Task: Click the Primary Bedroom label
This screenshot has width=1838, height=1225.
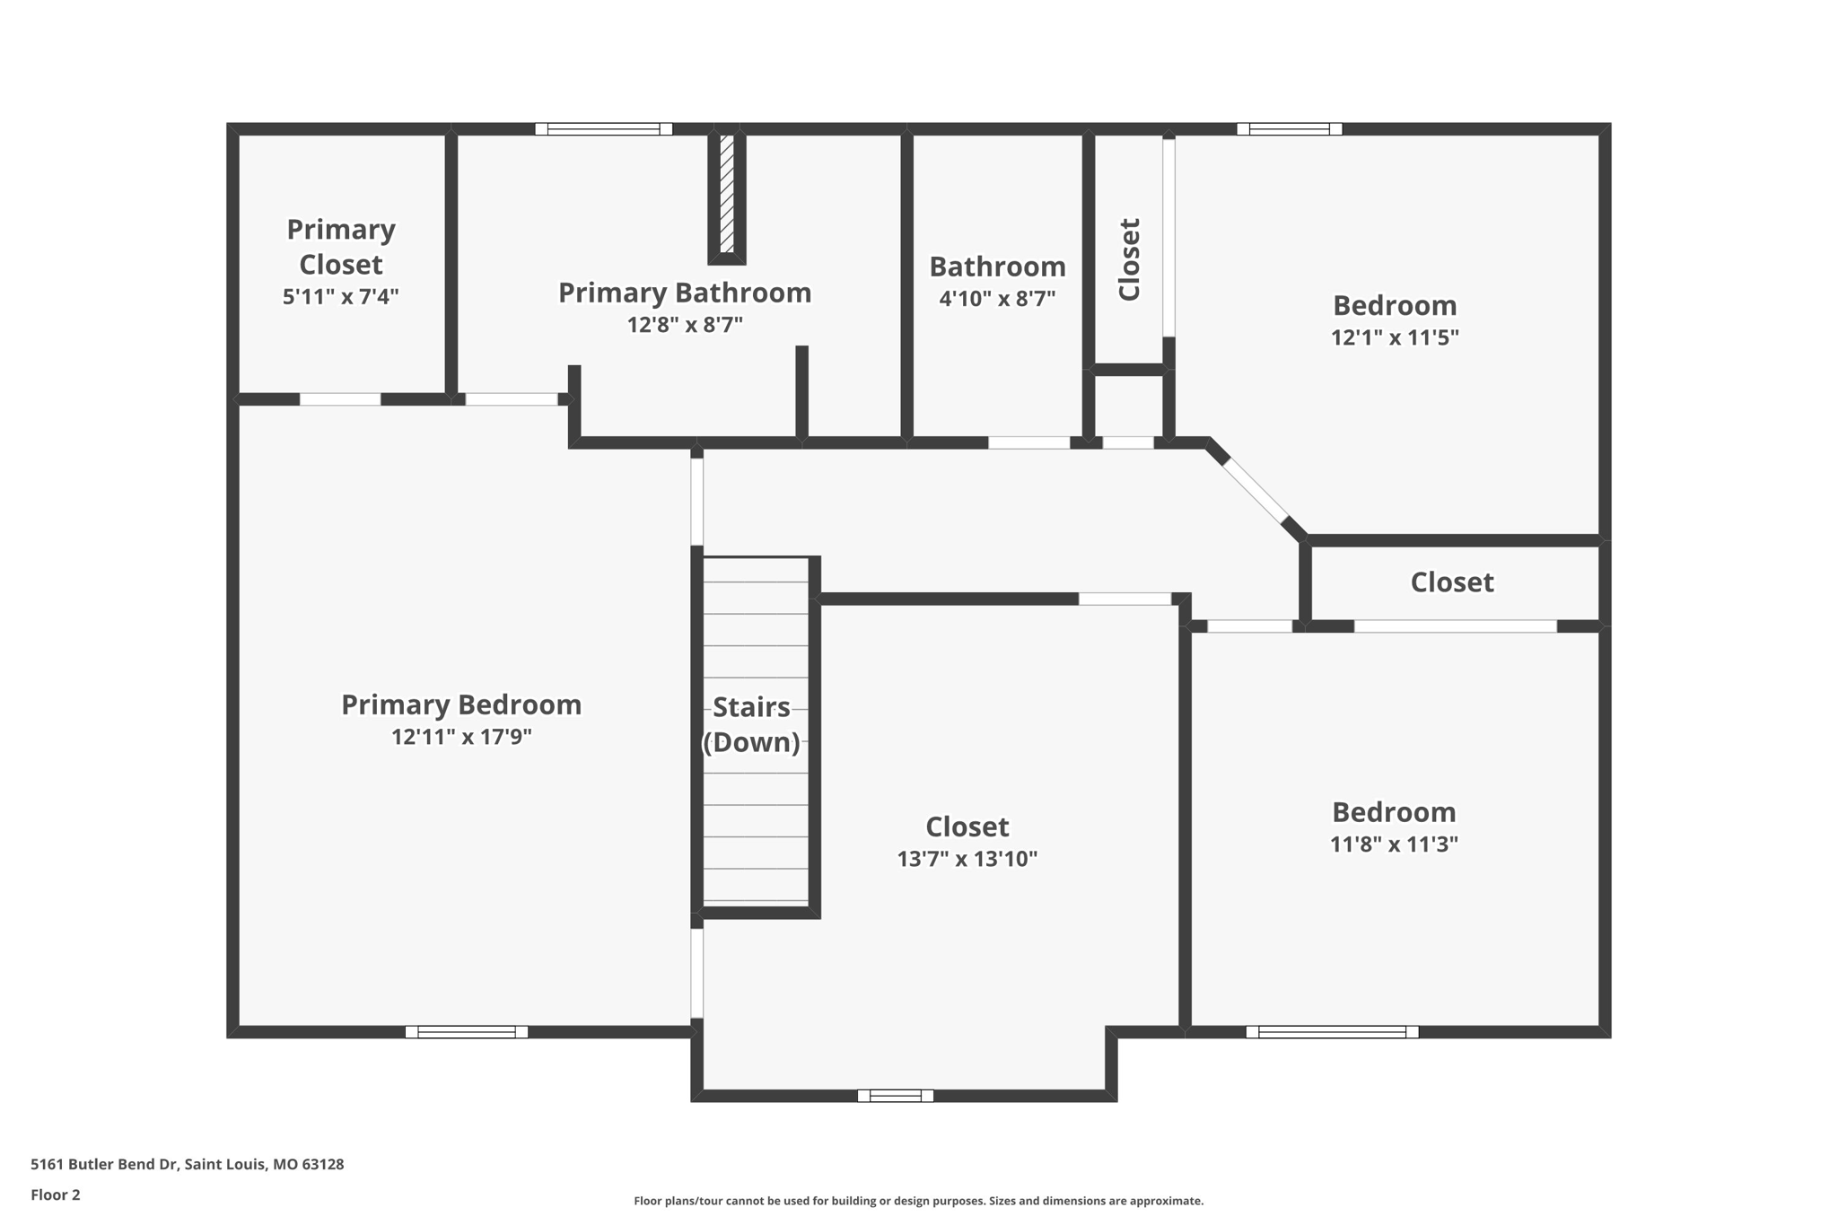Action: (x=461, y=704)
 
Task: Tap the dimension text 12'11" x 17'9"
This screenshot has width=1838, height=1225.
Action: (x=461, y=737)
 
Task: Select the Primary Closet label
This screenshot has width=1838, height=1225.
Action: (x=341, y=247)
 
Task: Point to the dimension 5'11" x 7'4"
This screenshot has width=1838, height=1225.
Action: (x=341, y=296)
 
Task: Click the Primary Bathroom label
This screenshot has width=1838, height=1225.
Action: (x=685, y=293)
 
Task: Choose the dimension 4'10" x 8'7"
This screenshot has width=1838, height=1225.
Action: (x=997, y=298)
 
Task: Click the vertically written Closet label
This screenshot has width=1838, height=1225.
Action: (x=1129, y=259)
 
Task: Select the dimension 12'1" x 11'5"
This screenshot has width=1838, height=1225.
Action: (x=1395, y=337)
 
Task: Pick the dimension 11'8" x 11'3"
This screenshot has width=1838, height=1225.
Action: (x=1394, y=844)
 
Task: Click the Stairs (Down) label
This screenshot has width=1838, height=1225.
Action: (x=751, y=724)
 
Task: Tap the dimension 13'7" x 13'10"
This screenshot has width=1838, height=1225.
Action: (x=967, y=859)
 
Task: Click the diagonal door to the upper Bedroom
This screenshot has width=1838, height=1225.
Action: (x=1256, y=491)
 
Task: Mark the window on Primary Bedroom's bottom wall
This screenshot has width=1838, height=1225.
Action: (x=467, y=1032)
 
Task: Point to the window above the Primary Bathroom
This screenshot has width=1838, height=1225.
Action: (x=603, y=129)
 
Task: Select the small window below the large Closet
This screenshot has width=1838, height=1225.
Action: (x=896, y=1096)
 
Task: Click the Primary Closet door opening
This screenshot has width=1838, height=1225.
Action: (x=340, y=399)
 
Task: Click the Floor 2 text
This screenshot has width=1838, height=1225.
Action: (x=56, y=1194)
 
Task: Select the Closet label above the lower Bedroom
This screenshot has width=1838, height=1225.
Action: (x=1452, y=582)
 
